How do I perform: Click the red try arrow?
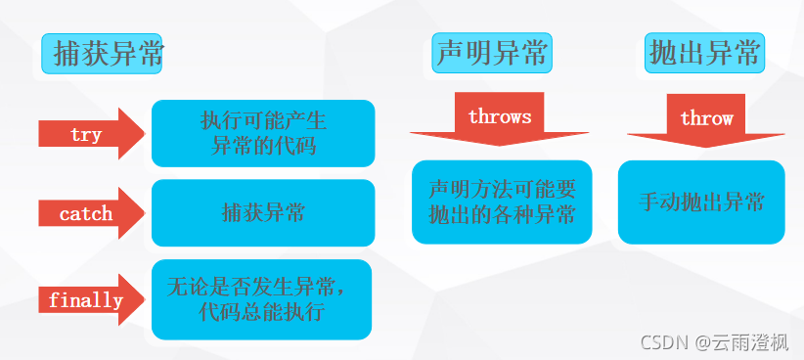[91, 134]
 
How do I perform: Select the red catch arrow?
[91, 213]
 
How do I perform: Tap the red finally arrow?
[91, 300]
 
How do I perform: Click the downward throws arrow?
[500, 119]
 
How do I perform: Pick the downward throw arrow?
[706, 120]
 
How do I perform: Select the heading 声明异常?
[492, 53]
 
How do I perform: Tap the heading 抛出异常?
[704, 53]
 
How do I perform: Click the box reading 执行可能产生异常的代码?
[263, 133]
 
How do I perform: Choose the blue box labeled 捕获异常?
[263, 213]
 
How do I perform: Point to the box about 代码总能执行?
[261, 299]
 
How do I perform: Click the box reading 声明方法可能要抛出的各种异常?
[502, 202]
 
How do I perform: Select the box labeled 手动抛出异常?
[701, 202]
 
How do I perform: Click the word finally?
[86, 300]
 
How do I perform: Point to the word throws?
[500, 117]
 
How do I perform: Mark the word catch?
[86, 213]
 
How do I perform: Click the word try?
[86, 135]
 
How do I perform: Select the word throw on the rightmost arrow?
[706, 118]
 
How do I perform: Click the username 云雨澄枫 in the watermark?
[749, 342]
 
